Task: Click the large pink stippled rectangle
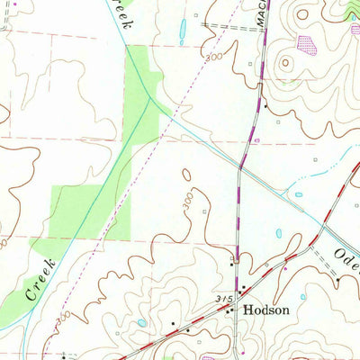tap(309, 43)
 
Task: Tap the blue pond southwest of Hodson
tap(142, 322)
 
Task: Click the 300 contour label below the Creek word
tap(60, 319)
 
